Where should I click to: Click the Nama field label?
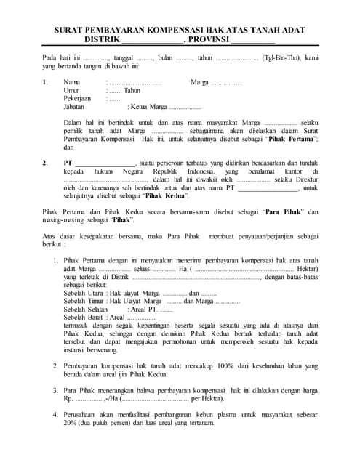pyautogui.click(x=71, y=83)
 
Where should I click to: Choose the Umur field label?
pyautogui.click(x=71, y=91)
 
